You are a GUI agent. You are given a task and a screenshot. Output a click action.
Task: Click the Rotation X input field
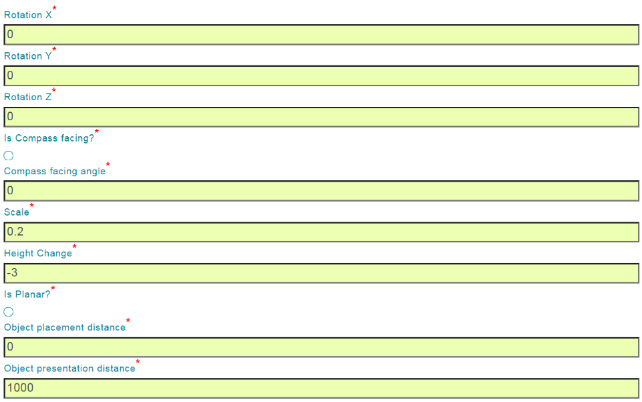click(321, 35)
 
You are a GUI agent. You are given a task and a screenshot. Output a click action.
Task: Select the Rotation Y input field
click(321, 75)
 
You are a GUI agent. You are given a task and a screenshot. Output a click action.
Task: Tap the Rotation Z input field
click(321, 117)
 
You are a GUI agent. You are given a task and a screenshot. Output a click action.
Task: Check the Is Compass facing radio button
click(9, 156)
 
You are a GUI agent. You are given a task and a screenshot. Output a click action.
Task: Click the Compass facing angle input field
click(321, 191)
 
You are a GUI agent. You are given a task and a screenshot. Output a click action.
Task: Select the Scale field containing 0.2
click(321, 232)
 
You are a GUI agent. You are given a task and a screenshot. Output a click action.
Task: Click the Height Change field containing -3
click(321, 273)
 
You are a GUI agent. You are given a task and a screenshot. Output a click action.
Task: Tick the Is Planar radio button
click(9, 312)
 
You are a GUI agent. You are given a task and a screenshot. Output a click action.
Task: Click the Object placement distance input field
click(321, 347)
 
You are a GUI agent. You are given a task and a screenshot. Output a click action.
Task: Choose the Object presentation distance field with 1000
click(321, 388)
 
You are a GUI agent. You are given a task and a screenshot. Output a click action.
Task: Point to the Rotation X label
click(28, 15)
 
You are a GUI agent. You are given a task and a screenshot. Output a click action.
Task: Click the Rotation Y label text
click(28, 56)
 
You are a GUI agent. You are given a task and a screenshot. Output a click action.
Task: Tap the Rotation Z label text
click(28, 97)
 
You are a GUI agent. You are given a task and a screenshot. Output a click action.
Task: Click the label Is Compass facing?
click(49, 138)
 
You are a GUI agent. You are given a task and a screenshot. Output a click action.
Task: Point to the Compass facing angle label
click(55, 171)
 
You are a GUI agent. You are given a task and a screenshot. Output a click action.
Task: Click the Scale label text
click(17, 212)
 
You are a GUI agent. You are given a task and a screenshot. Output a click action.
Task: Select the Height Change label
click(38, 254)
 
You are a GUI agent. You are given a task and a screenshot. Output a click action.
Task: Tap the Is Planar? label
click(27, 294)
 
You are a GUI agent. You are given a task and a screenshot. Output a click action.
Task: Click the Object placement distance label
click(65, 327)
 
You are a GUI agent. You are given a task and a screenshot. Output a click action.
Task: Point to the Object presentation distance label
click(69, 369)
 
